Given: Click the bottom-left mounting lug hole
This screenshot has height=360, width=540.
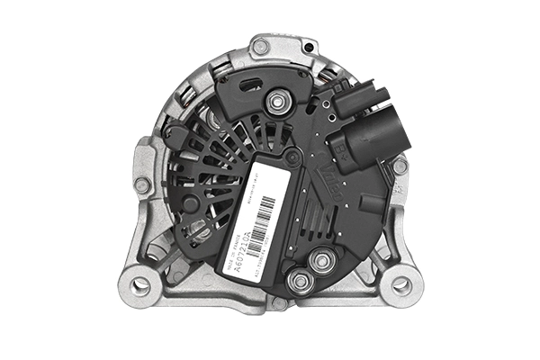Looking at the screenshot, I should [x=140, y=285].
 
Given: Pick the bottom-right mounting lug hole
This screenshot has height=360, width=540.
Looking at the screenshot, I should [x=401, y=285].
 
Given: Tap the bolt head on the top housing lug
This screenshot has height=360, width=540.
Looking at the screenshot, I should [x=260, y=47].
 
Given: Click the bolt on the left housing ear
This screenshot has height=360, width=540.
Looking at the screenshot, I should [x=141, y=184].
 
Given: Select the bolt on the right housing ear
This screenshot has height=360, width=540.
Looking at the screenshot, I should [x=400, y=166].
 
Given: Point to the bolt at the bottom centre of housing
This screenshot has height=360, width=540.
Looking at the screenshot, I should [x=280, y=303].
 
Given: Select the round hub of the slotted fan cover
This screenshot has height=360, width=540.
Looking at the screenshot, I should [x=190, y=203].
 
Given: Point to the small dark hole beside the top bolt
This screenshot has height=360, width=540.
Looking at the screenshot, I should [x=310, y=47].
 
